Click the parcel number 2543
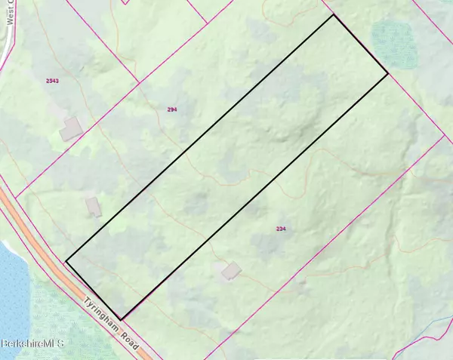coord(52,79)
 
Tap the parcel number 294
coord(171,109)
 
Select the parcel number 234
coord(281,228)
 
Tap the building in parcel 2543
coord(72,128)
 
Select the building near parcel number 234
coord(230,270)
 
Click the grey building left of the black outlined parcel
coord(93,206)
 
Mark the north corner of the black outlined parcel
coord(333,14)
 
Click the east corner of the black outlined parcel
coord(388,73)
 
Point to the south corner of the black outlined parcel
coord(122,318)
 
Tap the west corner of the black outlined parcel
coord(66,261)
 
